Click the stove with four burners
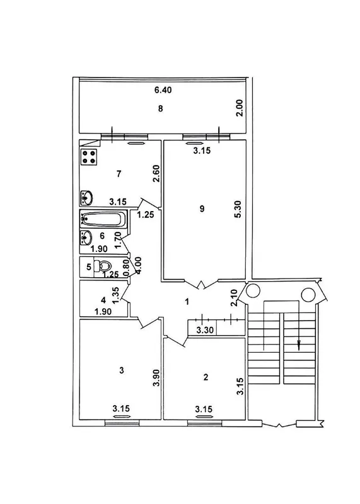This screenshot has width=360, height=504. tap(90, 157)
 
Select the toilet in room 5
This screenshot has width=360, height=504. tap(102, 266)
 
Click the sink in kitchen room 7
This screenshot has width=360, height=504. tap(86, 198)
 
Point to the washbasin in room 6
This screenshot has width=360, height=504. tap(86, 238)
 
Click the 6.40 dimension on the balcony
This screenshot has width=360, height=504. tap(163, 90)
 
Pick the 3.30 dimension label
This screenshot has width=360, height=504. tap(206, 330)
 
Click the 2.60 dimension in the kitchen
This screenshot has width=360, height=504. tap(157, 174)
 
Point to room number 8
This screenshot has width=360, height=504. tap(160, 108)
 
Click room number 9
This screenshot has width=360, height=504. tap(202, 209)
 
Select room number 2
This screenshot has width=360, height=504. tap(206, 377)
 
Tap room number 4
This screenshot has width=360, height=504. tap(103, 301)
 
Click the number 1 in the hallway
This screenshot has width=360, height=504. tap(187, 302)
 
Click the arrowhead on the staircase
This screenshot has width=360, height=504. tap(299, 345)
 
